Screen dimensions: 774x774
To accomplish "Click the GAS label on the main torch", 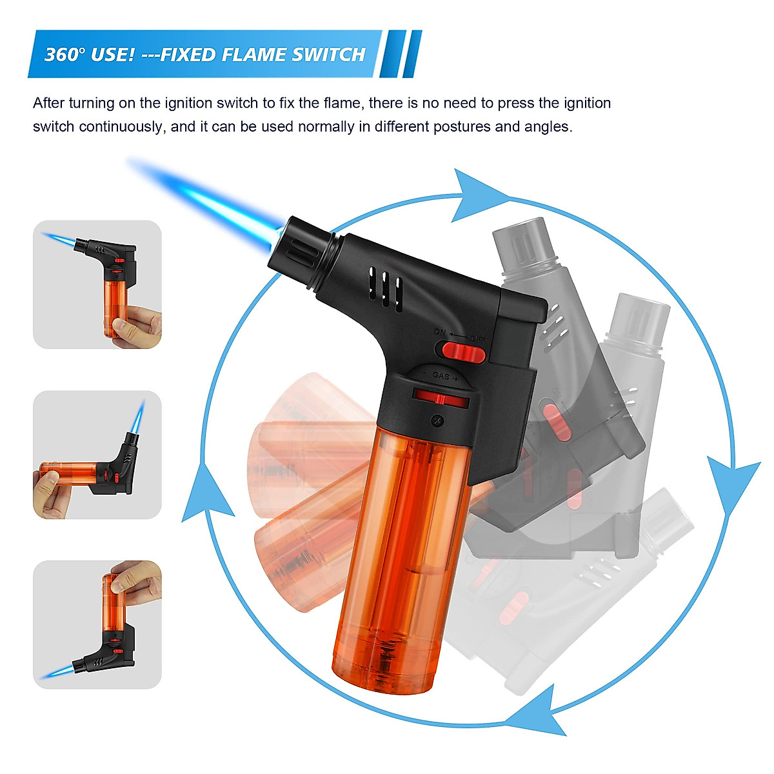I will pos(441,375).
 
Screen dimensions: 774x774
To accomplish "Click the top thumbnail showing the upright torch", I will pos(97,284).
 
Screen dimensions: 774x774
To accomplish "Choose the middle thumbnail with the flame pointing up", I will pos(97,454).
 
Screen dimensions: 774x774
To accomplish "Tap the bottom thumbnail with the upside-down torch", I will pos(97,624).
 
